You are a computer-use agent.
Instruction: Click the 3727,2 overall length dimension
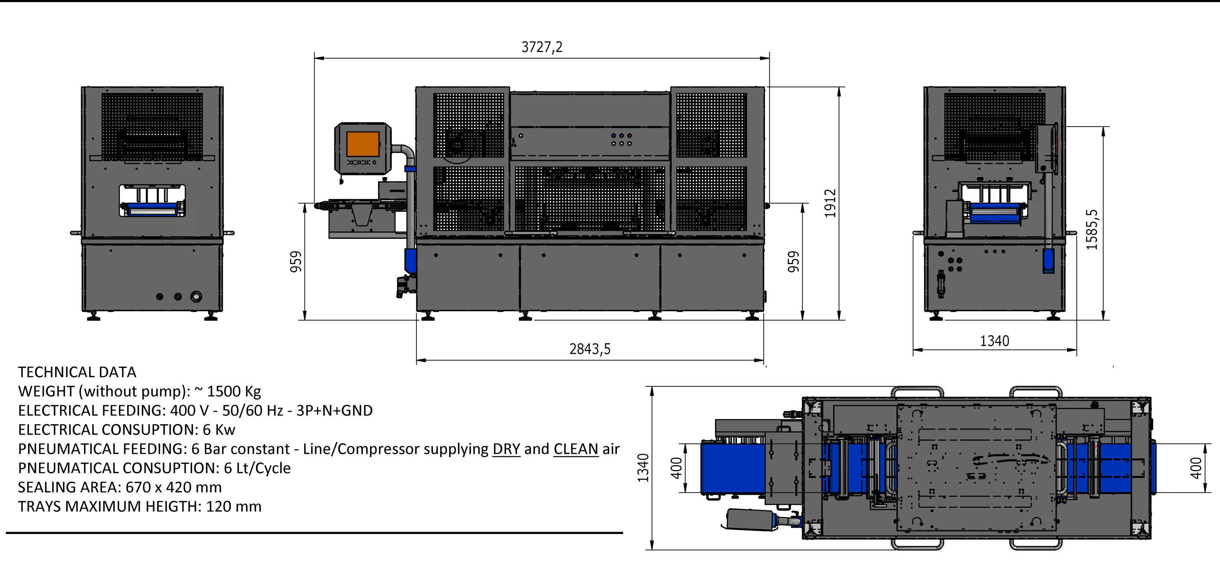click(x=542, y=47)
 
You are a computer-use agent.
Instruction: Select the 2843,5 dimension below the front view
click(x=590, y=349)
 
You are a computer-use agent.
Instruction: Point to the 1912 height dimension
click(x=830, y=204)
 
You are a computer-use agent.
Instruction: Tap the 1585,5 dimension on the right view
click(x=1091, y=230)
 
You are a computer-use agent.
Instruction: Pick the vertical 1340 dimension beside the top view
click(x=643, y=468)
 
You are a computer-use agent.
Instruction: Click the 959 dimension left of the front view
click(x=295, y=262)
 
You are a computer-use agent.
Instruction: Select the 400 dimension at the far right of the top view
click(x=1196, y=468)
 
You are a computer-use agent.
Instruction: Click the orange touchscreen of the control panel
click(x=363, y=144)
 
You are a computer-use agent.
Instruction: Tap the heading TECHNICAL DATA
click(x=77, y=372)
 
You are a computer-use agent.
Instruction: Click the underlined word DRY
click(x=506, y=449)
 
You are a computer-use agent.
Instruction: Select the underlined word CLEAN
click(x=576, y=449)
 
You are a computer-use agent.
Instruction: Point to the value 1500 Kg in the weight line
click(x=234, y=392)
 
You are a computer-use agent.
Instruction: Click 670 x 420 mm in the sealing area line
click(x=173, y=487)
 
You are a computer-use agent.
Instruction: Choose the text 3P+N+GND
click(x=334, y=411)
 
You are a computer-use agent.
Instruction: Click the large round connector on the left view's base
click(x=196, y=297)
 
